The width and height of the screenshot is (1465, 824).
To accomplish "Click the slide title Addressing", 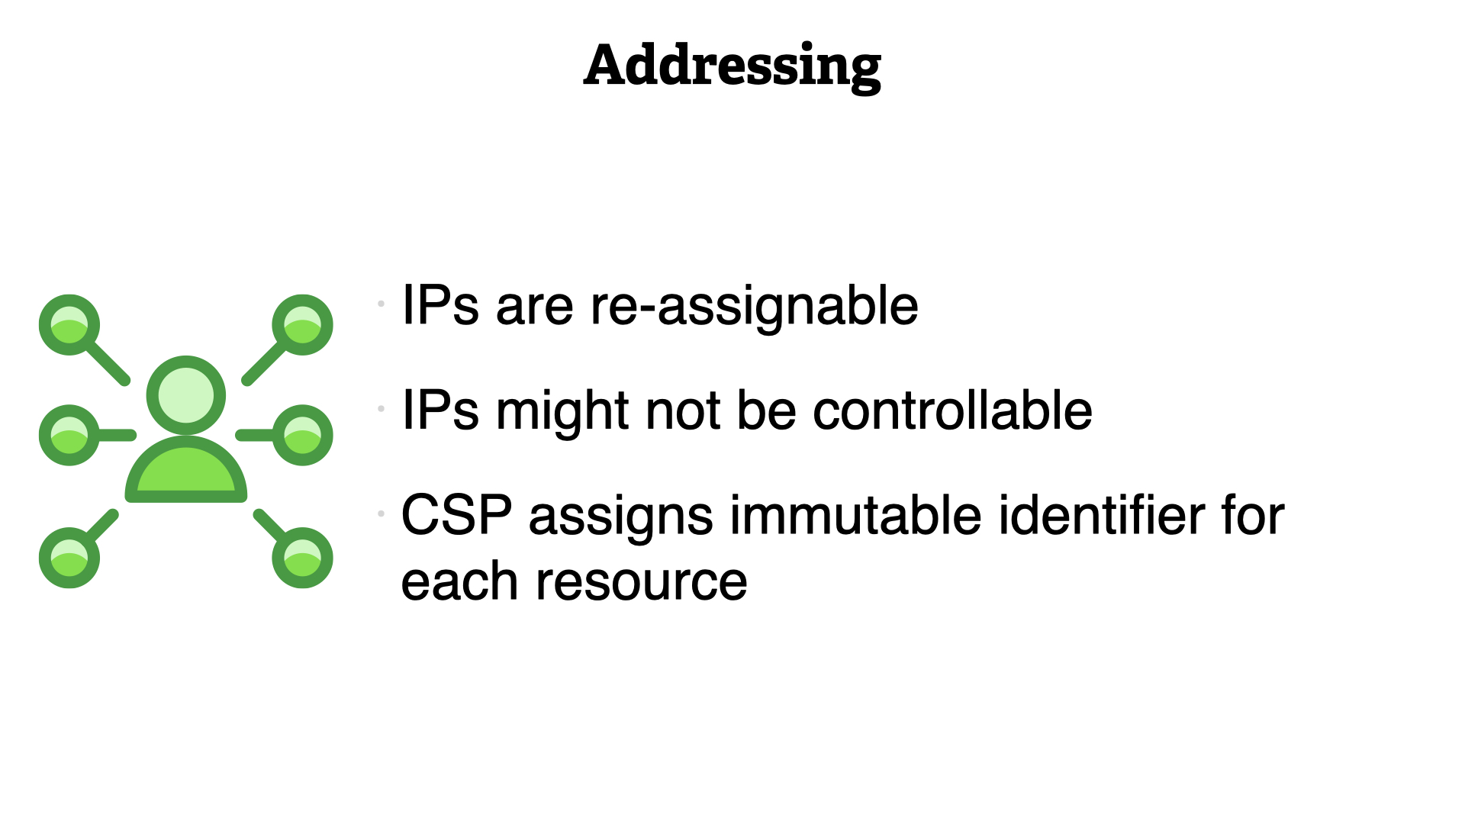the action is [x=732, y=67].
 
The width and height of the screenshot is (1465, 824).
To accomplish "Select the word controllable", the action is [x=952, y=410].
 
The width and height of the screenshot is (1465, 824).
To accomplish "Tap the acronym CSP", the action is [x=456, y=515].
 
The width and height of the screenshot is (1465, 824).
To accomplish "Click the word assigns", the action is [x=621, y=518].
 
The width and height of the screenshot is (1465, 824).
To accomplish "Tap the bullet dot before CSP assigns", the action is [x=381, y=513].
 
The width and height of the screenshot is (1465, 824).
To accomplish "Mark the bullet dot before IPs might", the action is [x=381, y=408].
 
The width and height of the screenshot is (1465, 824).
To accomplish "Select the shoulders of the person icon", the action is [x=186, y=470].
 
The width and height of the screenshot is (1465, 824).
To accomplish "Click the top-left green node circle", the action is [x=69, y=325].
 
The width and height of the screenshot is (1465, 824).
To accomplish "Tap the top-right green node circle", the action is [x=303, y=325].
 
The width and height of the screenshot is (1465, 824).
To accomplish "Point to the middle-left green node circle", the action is [x=69, y=435].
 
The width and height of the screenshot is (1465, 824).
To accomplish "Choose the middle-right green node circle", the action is [x=303, y=435].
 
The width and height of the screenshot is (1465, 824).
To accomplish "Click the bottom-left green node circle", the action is [x=69, y=558].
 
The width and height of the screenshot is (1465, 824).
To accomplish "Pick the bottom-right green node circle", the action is [x=303, y=558].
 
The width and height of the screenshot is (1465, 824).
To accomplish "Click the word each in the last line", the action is [x=460, y=581].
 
